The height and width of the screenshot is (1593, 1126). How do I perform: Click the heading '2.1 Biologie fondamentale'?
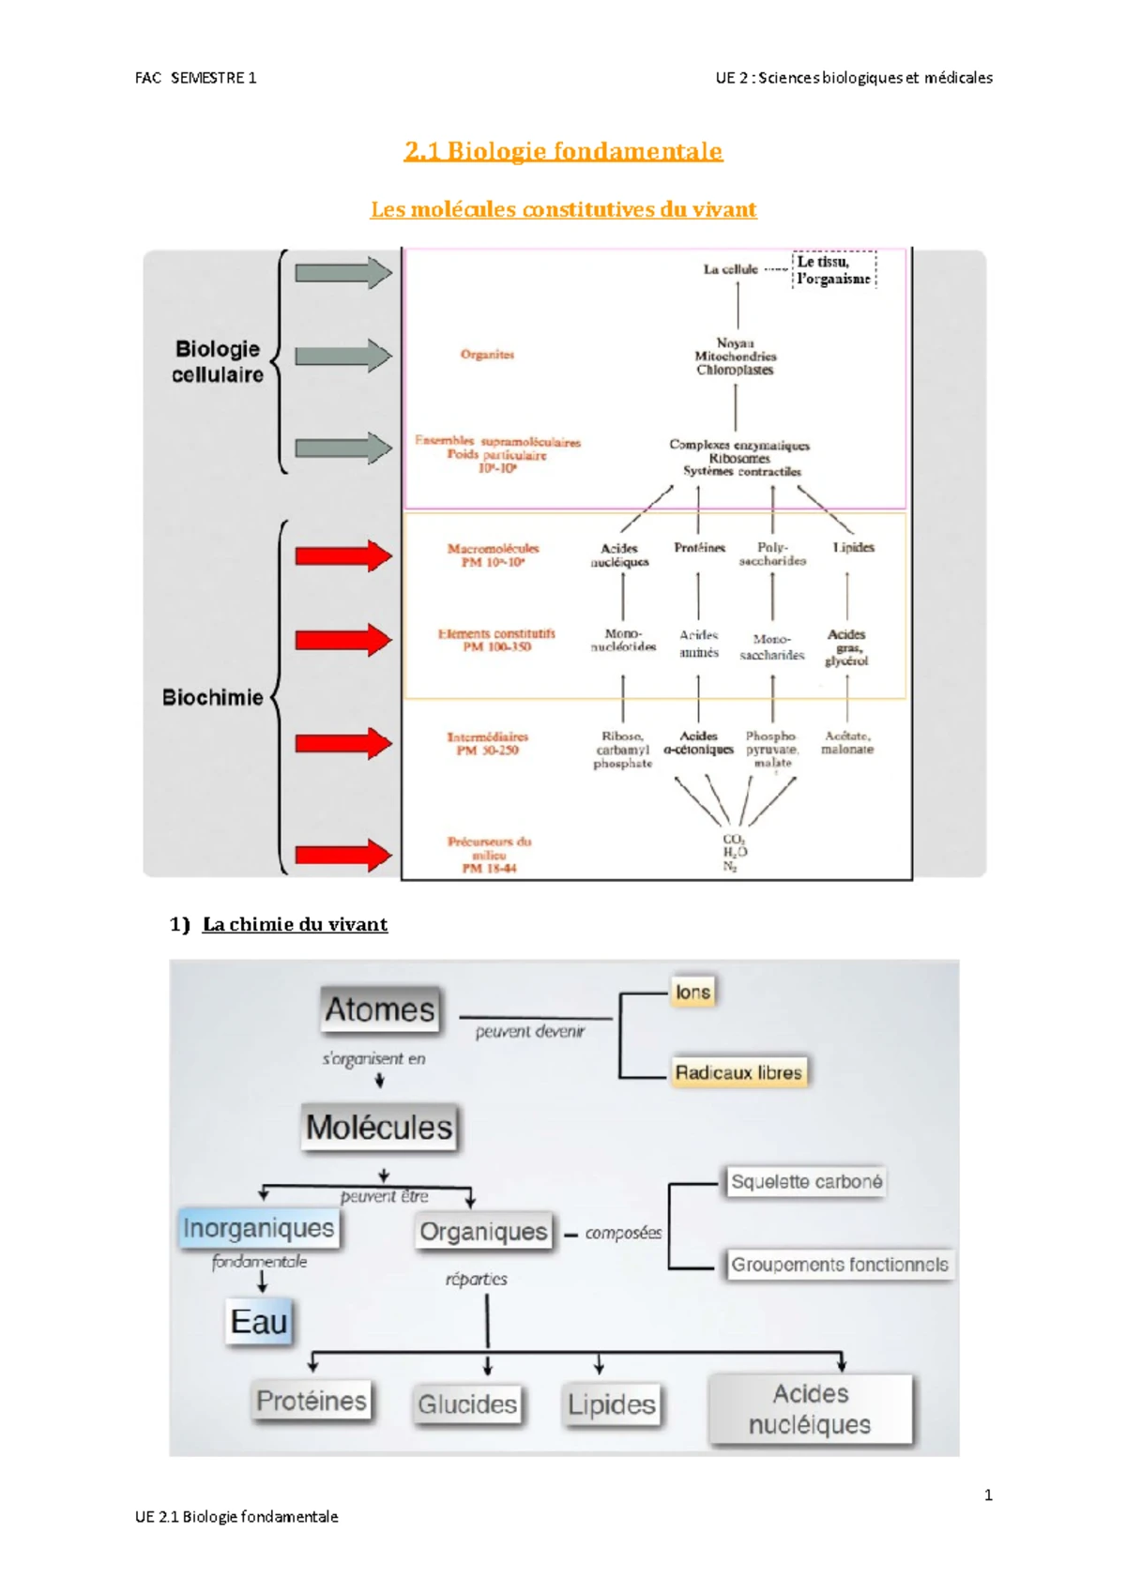[563, 151]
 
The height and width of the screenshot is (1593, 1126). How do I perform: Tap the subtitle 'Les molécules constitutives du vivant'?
[563, 209]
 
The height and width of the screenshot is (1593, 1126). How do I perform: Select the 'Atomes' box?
[380, 1009]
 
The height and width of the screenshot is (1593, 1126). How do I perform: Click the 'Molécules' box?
[379, 1127]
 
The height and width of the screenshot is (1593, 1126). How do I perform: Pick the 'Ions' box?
[693, 992]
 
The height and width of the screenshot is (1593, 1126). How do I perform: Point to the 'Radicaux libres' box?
[738, 1072]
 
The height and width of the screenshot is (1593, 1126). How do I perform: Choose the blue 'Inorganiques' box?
[259, 1228]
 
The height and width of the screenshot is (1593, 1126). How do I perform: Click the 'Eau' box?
[259, 1322]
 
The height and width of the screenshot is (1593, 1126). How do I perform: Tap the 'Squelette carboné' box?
[806, 1182]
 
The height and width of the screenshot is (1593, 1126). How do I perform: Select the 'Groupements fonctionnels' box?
[839, 1265]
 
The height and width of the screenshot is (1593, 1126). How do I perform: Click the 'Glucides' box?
[467, 1404]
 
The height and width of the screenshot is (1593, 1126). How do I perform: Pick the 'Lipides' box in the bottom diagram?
[612, 1404]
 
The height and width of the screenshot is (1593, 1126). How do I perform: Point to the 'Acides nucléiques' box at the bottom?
[811, 1409]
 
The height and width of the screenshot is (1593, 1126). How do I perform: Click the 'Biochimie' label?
[213, 697]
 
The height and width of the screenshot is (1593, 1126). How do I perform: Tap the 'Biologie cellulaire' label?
[218, 361]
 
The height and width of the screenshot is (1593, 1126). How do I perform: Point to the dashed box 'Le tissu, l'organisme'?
[834, 270]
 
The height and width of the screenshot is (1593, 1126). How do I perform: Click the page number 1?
[988, 1494]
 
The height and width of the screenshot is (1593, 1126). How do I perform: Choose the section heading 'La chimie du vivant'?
[295, 924]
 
